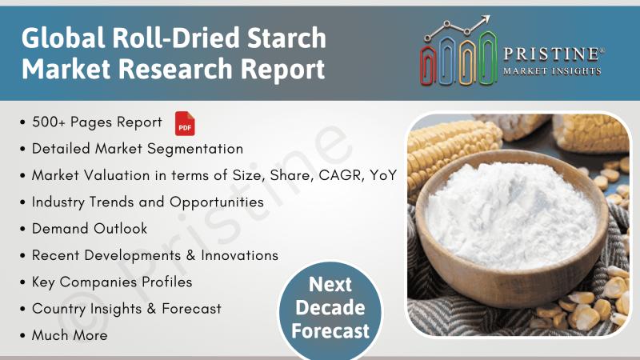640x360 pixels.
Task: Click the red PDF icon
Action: pyautogui.click(x=185, y=123)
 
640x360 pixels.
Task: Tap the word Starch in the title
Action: pyautogui.click(x=286, y=38)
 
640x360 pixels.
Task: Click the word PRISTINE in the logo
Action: pyautogui.click(x=551, y=54)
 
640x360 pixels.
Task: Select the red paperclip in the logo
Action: pyautogui.click(x=428, y=65)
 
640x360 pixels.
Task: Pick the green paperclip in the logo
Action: pyautogui.click(x=488, y=58)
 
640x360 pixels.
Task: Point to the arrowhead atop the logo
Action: pyautogui.click(x=485, y=19)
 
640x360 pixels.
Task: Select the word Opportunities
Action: pyautogui.click(x=217, y=203)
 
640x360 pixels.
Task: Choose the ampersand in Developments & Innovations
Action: pyautogui.click(x=190, y=255)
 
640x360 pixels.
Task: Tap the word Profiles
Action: pyautogui.click(x=167, y=282)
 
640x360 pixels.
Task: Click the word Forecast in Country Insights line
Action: pyautogui.click(x=191, y=309)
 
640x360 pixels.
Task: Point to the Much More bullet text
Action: pyautogui.click(x=70, y=335)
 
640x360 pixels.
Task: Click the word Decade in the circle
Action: pyautogui.click(x=330, y=308)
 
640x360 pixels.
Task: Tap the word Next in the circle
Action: pyautogui.click(x=330, y=285)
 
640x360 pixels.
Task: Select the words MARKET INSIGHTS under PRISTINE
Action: pyautogui.click(x=552, y=71)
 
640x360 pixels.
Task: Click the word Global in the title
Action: pyautogui.click(x=63, y=38)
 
